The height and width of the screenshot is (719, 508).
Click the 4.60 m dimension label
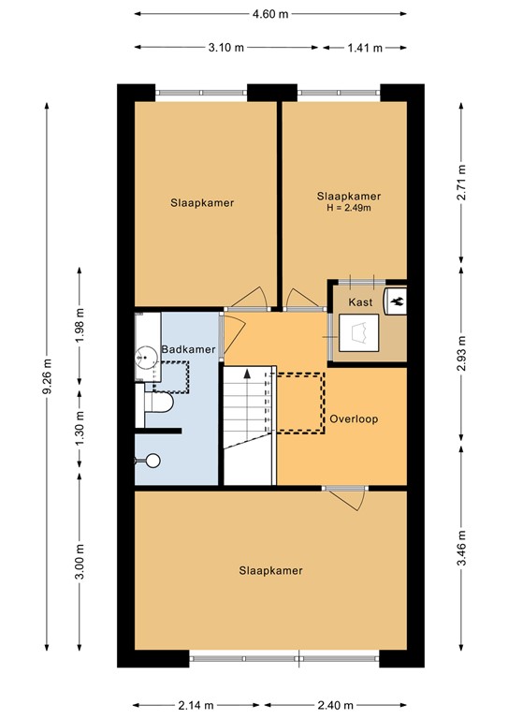269,14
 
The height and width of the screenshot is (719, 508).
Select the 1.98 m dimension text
80,324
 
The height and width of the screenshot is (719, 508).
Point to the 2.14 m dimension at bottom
198,705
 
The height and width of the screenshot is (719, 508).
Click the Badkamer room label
188,349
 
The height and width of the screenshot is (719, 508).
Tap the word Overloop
353,419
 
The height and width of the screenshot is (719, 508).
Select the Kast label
360,302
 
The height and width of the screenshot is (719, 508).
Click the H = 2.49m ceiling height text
349,208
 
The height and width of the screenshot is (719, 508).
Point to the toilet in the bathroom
160,404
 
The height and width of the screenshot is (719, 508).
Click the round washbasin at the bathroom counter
146,356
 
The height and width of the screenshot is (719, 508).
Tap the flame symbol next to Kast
396,301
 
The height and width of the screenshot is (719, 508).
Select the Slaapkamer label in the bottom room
270,569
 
